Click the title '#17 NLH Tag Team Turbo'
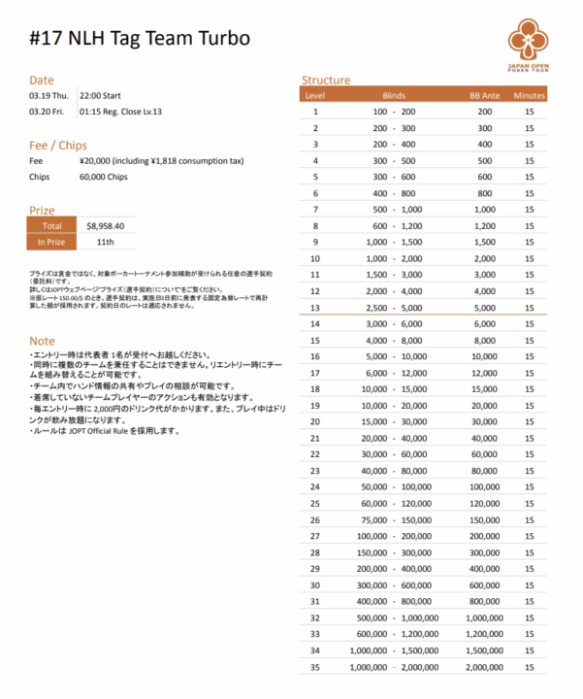[x=141, y=38]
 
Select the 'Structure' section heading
[x=326, y=81]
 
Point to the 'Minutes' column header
[x=530, y=96]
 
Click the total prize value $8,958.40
[x=105, y=225]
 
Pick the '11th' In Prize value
[x=105, y=241]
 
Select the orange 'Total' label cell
[x=52, y=225]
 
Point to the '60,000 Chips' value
[x=103, y=178]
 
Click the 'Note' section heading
[x=42, y=341]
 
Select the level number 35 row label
[x=314, y=668]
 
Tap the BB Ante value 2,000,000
[x=484, y=668]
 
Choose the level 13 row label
[x=314, y=307]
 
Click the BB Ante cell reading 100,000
[x=484, y=486]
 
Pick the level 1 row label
[x=314, y=112]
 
